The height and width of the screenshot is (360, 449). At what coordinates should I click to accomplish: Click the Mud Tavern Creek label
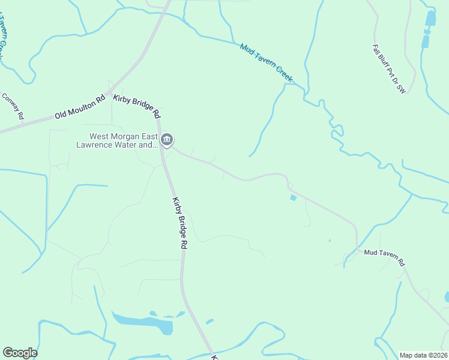click(266, 62)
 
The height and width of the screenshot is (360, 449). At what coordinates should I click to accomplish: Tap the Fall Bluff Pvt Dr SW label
click(390, 71)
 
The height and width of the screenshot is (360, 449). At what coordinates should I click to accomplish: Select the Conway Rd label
click(13, 106)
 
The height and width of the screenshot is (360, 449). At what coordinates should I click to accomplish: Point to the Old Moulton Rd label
click(79, 106)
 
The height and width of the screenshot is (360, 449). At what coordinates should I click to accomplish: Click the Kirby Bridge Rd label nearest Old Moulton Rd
click(137, 106)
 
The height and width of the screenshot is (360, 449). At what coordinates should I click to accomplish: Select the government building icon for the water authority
click(167, 140)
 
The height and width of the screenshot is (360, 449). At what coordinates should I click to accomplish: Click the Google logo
click(20, 353)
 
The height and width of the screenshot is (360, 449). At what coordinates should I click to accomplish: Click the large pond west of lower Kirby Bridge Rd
click(144, 322)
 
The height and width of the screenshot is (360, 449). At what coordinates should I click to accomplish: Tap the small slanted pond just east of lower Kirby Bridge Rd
click(209, 322)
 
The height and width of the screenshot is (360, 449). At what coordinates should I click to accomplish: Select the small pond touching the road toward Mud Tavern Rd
click(293, 197)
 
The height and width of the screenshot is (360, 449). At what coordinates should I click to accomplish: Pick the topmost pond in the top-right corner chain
click(430, 19)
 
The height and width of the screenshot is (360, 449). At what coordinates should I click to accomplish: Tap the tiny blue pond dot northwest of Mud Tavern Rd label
click(330, 241)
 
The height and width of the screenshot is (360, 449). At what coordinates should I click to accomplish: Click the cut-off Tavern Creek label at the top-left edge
click(5, 36)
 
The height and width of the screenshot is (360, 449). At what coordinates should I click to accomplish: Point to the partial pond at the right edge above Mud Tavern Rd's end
click(447, 296)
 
